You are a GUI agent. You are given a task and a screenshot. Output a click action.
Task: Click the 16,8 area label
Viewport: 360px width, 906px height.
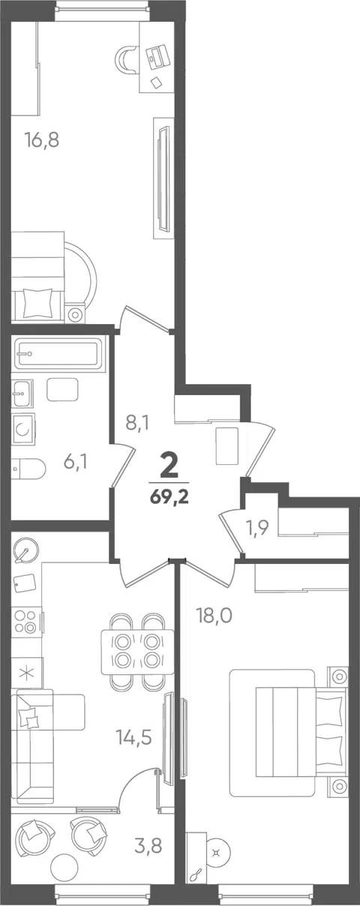point(42,140)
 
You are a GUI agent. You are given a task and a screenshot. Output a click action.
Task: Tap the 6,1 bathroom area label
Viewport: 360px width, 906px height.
point(76,461)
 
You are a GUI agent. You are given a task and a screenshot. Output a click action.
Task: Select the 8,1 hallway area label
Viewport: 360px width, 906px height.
point(137,424)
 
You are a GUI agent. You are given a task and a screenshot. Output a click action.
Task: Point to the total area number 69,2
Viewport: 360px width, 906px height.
point(169,497)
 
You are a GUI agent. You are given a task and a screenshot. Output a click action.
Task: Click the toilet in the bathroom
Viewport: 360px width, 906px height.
point(28,469)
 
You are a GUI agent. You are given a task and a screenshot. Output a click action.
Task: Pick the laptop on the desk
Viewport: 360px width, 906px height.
point(156,57)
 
